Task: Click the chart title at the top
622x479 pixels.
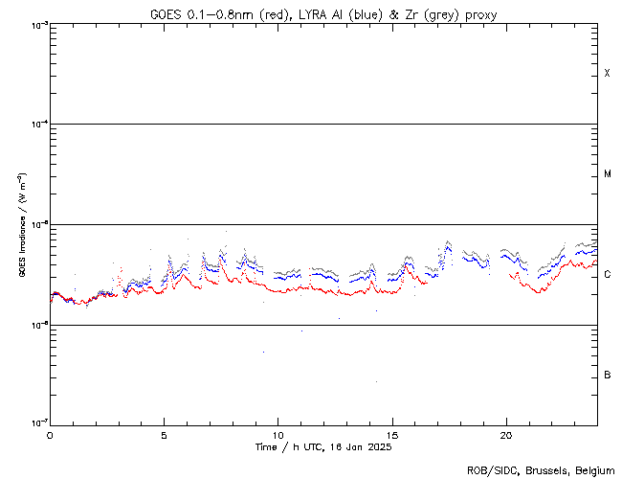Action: (322, 13)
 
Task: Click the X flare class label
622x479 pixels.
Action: (607, 74)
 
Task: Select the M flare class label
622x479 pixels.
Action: (608, 174)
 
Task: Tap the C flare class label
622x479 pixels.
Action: (608, 275)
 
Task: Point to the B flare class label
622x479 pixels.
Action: (608, 375)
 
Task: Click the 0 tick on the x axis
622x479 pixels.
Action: (50, 434)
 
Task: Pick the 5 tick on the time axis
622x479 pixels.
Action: (164, 434)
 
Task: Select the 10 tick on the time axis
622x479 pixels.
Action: (278, 434)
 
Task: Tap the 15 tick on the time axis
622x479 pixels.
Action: (391, 434)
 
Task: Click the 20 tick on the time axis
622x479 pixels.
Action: (505, 434)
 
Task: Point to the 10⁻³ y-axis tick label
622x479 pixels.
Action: (36, 25)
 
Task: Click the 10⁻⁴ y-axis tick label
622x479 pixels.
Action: (36, 125)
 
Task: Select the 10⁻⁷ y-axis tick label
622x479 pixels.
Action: (36, 423)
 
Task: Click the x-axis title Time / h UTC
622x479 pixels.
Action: (323, 447)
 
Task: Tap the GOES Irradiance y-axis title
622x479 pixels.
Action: (20, 225)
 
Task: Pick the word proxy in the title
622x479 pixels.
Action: (478, 13)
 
